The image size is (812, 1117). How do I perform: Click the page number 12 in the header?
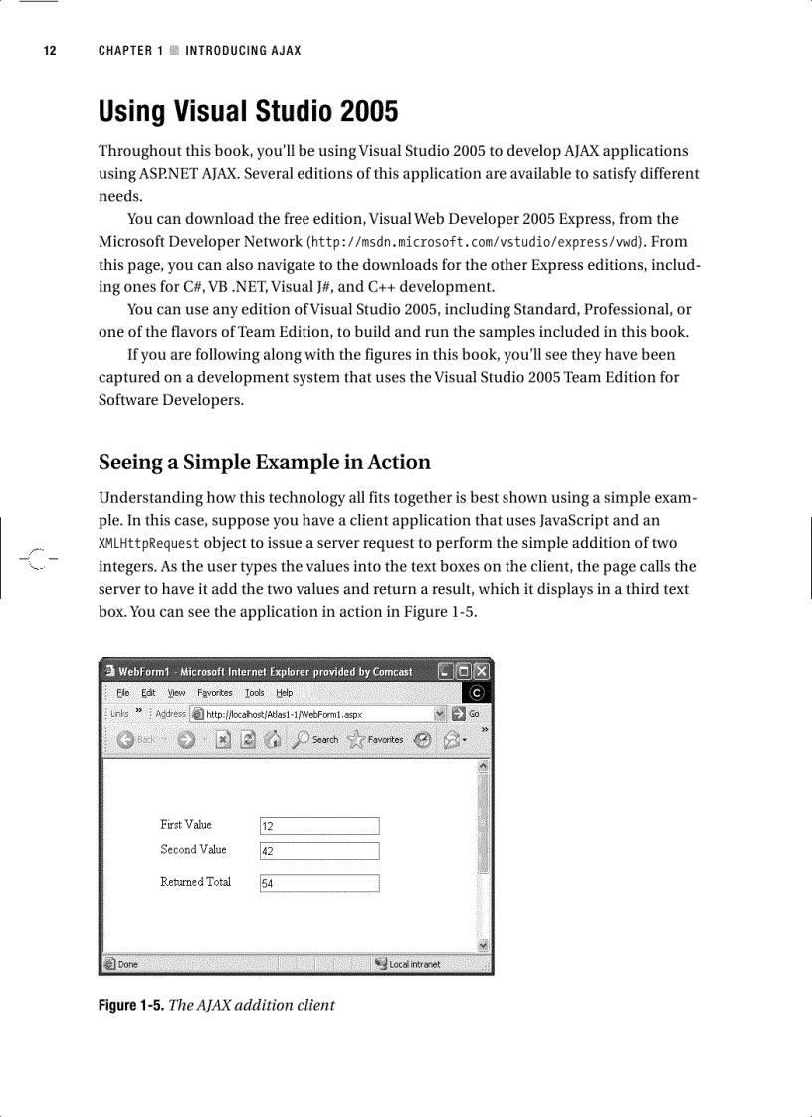pos(49,51)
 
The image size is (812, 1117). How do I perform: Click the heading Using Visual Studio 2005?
pos(248,111)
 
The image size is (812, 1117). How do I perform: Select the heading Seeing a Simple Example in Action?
pos(265,463)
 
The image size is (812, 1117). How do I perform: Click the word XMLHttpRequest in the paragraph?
pos(149,544)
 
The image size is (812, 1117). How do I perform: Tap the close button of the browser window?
pos(482,671)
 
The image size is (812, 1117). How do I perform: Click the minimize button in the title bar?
pos(445,671)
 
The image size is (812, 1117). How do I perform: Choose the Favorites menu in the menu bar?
pos(214,693)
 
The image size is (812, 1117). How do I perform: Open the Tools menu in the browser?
pos(255,693)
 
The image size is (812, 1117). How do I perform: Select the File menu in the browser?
pos(123,693)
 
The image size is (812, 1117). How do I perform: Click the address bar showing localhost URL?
pos(318,714)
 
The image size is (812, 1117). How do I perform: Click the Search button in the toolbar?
pos(316,739)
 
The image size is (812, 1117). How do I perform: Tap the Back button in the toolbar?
pos(137,739)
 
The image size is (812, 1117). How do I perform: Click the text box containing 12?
pos(319,826)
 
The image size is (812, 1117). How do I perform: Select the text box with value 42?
pos(319,851)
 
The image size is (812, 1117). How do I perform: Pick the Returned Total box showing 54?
pos(319,883)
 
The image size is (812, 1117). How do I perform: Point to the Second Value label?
pos(193,850)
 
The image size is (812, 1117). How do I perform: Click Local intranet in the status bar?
pos(409,964)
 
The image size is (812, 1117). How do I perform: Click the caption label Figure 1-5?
pos(130,1005)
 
